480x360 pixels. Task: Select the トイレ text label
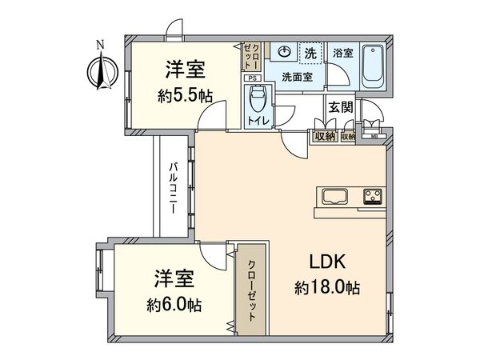[x=258, y=122]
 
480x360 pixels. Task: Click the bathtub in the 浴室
[x=373, y=68]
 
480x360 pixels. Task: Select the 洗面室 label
[x=298, y=77]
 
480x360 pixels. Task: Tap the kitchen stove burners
[x=373, y=196]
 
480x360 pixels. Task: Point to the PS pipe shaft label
[x=251, y=78]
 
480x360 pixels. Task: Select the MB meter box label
[x=374, y=136]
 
